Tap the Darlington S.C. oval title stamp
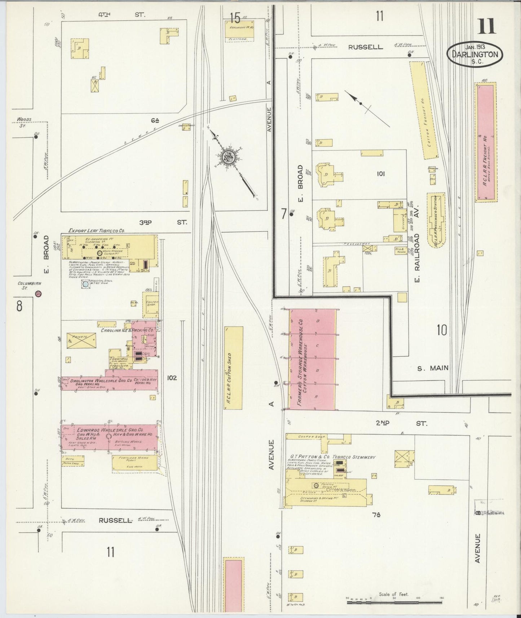pos(475,55)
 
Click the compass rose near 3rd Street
pos(229,157)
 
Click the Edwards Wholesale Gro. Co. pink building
pos(109,437)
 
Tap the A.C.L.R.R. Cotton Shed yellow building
pos(233,368)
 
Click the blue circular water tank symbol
pos(85,284)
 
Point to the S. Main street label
pos(433,368)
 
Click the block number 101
pos(380,174)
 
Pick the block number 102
pos(172,378)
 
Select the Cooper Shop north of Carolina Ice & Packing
pos(150,303)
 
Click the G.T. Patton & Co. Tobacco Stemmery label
pos(332,457)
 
